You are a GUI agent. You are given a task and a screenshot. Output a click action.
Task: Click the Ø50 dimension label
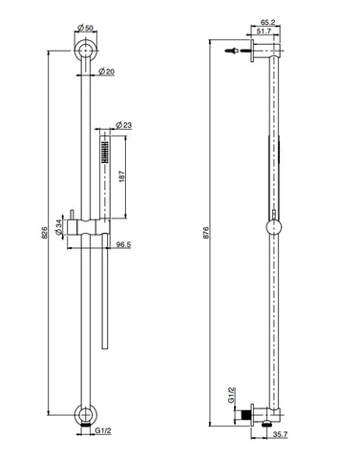[x=85, y=28]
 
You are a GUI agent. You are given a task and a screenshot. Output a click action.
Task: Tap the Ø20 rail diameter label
[x=107, y=72]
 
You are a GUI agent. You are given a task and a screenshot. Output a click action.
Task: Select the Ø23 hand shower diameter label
[x=124, y=125]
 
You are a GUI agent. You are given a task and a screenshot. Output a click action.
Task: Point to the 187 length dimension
[x=122, y=177]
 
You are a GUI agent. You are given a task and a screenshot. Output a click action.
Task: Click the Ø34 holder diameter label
[x=58, y=227]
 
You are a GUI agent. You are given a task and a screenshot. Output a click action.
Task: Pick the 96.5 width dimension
[x=123, y=244]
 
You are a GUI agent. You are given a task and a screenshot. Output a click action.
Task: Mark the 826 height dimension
[x=45, y=233]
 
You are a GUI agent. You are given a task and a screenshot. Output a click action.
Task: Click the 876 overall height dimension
[x=206, y=233]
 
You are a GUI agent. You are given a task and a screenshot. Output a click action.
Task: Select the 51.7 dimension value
[x=264, y=31]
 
